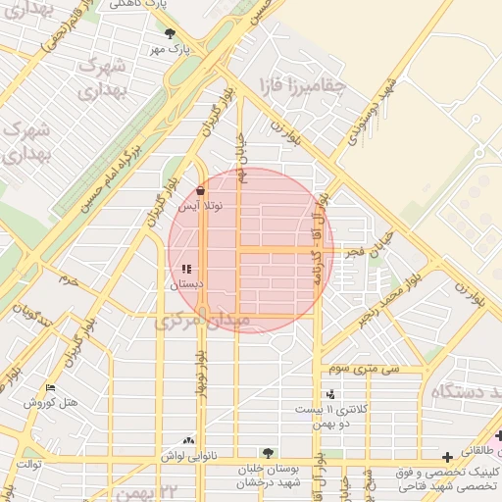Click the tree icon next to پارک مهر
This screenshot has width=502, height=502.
point(171,33)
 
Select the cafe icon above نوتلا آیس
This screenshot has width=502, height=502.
point(201,191)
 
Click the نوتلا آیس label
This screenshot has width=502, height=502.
point(201,207)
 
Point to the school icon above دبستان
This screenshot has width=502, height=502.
point(186,269)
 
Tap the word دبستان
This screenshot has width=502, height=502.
point(186,283)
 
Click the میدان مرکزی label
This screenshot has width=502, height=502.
point(203,321)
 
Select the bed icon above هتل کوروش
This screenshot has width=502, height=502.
point(51,388)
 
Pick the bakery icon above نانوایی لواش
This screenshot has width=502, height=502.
point(188,441)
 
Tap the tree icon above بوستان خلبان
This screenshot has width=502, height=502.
point(268,454)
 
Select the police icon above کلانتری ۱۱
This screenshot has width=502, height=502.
point(330,394)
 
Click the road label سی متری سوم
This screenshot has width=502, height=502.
point(364,369)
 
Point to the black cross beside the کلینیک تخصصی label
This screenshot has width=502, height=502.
point(448,457)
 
